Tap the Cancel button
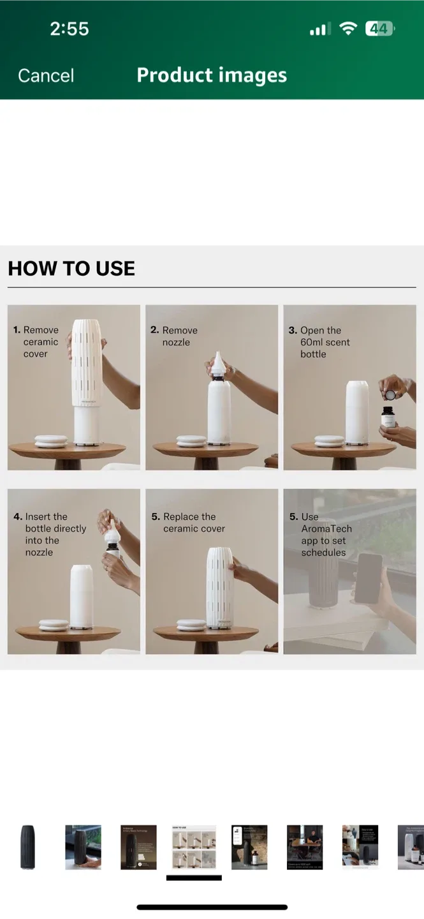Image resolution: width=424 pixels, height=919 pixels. pyautogui.click(x=46, y=75)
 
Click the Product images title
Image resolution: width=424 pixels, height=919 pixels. pyautogui.click(x=212, y=75)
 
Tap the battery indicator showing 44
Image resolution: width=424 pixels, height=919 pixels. pyautogui.click(x=379, y=29)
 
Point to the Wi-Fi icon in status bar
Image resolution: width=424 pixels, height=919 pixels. pyautogui.click(x=348, y=29)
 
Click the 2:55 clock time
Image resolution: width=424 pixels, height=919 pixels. pyautogui.click(x=69, y=29)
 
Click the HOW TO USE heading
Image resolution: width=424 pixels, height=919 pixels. pyautogui.click(x=71, y=269)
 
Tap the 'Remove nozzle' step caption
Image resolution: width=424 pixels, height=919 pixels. pyautogui.click(x=175, y=336)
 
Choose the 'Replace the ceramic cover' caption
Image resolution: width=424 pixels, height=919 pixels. pyautogui.click(x=189, y=522)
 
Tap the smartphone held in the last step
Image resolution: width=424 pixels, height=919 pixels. pyautogui.click(x=368, y=578)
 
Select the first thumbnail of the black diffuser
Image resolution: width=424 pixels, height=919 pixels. pyautogui.click(x=28, y=847)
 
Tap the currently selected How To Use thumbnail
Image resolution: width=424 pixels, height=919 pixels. pyautogui.click(x=194, y=847)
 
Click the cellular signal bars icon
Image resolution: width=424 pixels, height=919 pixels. pyautogui.click(x=318, y=29)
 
